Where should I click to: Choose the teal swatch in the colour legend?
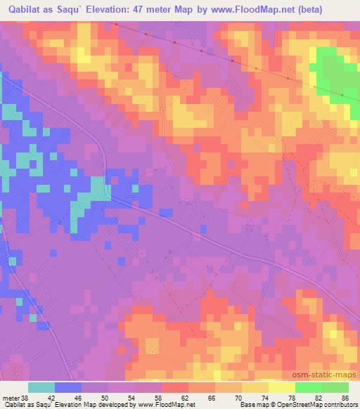click(41, 387)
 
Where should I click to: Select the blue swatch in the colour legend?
click(68, 387)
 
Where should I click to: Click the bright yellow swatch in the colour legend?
click(282, 387)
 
